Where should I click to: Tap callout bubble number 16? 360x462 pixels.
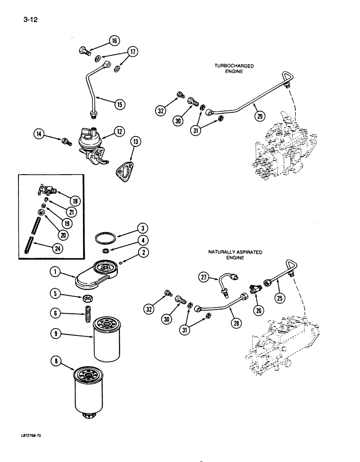[x=114, y=41]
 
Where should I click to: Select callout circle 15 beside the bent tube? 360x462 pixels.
[x=119, y=104]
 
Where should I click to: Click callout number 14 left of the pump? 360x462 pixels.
[x=40, y=134]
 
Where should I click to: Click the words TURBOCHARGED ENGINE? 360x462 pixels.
[x=234, y=69]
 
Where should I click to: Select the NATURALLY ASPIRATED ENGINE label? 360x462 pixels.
[x=235, y=255]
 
